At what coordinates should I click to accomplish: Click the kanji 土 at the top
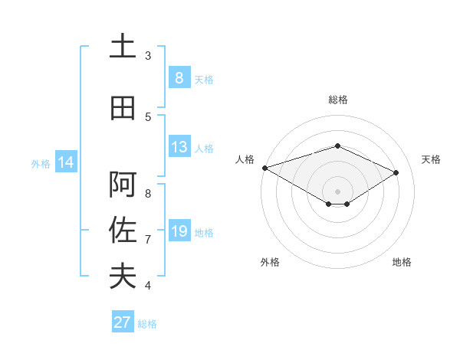click(x=123, y=47)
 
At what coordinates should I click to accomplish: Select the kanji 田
click(x=123, y=108)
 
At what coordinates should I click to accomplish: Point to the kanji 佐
click(x=123, y=231)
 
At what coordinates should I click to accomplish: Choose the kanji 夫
click(x=123, y=276)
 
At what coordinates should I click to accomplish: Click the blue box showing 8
click(x=179, y=78)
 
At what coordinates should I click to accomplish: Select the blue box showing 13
click(x=179, y=147)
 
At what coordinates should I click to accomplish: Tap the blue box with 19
click(x=179, y=231)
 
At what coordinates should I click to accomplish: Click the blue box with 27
click(x=123, y=322)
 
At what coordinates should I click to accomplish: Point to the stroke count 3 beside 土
click(x=148, y=56)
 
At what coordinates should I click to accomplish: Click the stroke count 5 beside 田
click(x=148, y=117)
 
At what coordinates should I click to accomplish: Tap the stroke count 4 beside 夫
click(x=148, y=286)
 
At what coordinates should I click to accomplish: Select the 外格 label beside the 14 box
click(x=41, y=163)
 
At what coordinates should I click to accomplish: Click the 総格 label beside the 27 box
click(x=147, y=324)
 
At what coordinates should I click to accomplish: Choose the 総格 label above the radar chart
click(x=337, y=100)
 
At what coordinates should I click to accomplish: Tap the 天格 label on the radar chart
click(x=431, y=159)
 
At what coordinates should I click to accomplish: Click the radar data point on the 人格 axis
click(x=264, y=167)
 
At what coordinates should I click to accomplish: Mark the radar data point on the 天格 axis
click(x=396, y=172)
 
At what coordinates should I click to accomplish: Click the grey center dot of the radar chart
click(x=337, y=191)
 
